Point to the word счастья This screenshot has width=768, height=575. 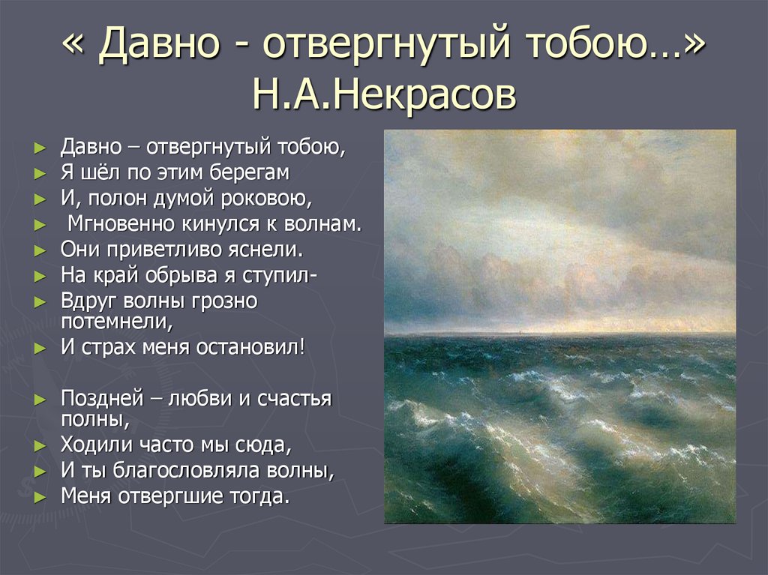coord(294,397)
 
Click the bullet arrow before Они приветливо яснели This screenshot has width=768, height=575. coord(40,250)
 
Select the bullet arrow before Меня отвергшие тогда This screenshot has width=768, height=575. coord(40,496)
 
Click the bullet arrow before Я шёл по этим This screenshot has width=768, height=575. coord(40,173)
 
